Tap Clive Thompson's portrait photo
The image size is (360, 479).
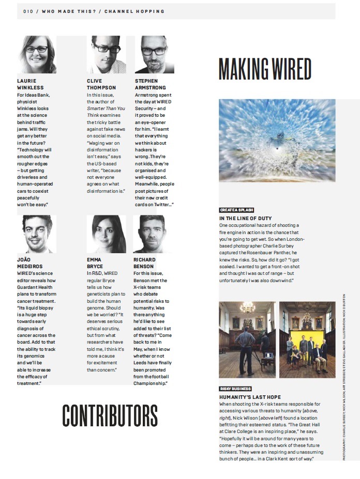[106, 55]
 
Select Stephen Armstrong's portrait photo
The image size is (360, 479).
[154, 55]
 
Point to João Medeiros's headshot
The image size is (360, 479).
[37, 234]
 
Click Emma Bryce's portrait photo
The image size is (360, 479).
[106, 234]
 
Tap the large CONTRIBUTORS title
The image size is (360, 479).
[110, 415]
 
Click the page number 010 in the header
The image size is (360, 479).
[28, 11]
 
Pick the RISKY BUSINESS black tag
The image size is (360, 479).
[235, 389]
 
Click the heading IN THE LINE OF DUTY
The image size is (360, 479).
[245, 218]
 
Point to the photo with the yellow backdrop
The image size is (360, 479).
[307, 339]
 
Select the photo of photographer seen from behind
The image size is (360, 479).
[247, 339]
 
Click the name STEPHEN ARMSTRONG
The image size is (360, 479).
[151, 84]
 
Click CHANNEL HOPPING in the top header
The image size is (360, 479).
[134, 11]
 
